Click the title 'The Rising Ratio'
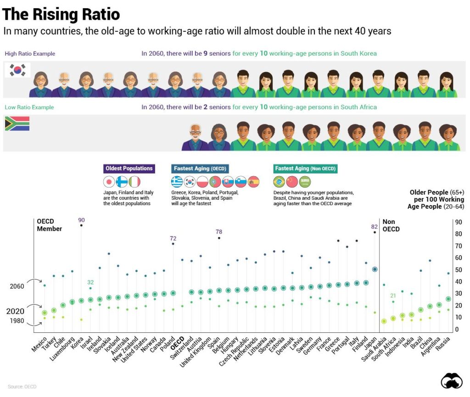click(61, 14)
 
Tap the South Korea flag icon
click(17, 70)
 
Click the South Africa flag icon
click(17, 123)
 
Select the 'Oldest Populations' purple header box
click(129, 168)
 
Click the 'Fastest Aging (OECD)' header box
click(200, 168)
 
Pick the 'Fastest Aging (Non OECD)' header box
click(305, 168)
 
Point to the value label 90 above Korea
click(81, 220)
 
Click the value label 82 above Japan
click(375, 227)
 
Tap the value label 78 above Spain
click(219, 232)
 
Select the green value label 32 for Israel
click(90, 282)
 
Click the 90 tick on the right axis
click(458, 222)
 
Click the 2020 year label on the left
click(15, 311)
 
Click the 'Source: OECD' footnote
click(22, 387)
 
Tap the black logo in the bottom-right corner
click(452, 381)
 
